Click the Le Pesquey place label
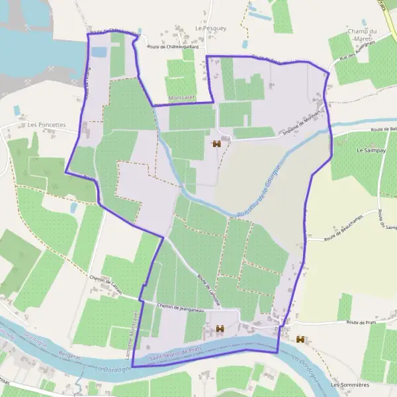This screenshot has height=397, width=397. pos(210,28)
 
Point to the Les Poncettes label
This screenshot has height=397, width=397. pos(47,124)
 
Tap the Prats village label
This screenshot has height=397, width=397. pos(281,328)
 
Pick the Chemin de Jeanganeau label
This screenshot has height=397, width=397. pos(178,308)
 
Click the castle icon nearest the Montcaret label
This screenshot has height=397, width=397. pos(216,143)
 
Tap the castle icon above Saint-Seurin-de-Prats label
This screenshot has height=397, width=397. pos(220,328)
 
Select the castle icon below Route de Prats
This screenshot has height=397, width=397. pos(300,339)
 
